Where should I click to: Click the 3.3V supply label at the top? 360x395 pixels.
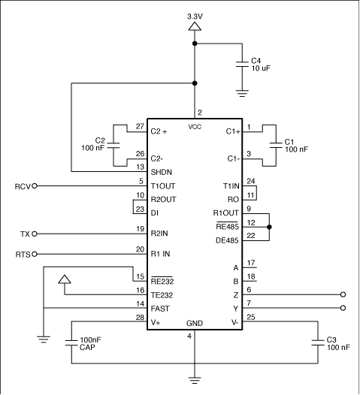pyautogui.click(x=195, y=17)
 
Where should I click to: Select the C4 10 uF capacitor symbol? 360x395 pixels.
pyautogui.click(x=242, y=65)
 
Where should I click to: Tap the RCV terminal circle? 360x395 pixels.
pyautogui.click(x=35, y=186)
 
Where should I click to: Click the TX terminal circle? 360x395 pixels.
pyautogui.click(x=35, y=234)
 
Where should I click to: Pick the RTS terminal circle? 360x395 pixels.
pyautogui.click(x=35, y=254)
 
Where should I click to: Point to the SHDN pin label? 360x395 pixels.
pyautogui.click(x=162, y=172)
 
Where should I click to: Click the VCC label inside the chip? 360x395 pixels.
pyautogui.click(x=195, y=127)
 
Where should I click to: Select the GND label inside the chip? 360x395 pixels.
pyautogui.click(x=195, y=323)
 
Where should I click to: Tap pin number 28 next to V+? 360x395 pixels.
pyautogui.click(x=140, y=318)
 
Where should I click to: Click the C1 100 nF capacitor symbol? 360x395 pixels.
pyautogui.click(x=276, y=146)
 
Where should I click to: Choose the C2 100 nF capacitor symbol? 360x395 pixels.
pyautogui.click(x=113, y=146)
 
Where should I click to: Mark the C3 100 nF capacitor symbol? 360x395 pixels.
pyautogui.click(x=318, y=342)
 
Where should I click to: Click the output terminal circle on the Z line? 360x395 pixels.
pyautogui.click(x=343, y=294)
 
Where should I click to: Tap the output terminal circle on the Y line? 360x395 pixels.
pyautogui.click(x=343, y=308)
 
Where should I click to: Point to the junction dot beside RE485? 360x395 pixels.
pyautogui.click(x=269, y=227)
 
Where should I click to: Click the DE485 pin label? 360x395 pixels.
pyautogui.click(x=227, y=240)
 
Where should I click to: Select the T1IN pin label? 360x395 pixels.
pyautogui.click(x=231, y=186)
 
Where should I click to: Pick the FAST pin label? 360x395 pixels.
pyautogui.click(x=160, y=309)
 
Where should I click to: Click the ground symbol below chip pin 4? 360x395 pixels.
pyautogui.click(x=195, y=380)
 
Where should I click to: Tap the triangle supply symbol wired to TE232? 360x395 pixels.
pyautogui.click(x=65, y=279)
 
